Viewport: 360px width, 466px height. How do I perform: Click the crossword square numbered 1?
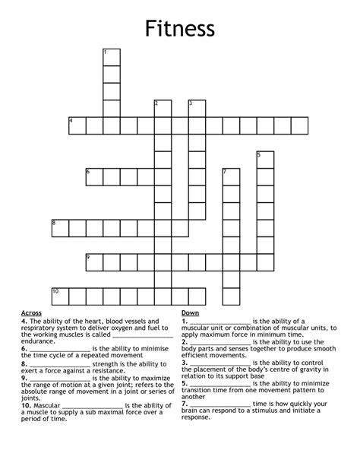[x=112, y=57]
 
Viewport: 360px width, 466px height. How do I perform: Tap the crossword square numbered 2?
[x=163, y=108]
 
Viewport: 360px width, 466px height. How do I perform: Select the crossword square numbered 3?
[x=197, y=108]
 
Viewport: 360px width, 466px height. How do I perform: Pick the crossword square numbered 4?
[x=77, y=125]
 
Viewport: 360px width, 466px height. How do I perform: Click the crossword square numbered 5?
[x=265, y=159]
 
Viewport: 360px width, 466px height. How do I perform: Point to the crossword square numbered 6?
[x=94, y=176]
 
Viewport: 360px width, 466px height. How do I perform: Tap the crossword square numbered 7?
[x=231, y=176]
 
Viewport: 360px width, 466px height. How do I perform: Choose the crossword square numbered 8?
[x=60, y=227]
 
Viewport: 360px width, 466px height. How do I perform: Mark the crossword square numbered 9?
[x=94, y=262]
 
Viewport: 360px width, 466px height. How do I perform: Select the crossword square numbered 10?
[x=60, y=296]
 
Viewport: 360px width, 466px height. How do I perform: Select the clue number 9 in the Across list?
[x=24, y=377]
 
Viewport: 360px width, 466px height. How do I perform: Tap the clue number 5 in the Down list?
[x=185, y=383]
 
